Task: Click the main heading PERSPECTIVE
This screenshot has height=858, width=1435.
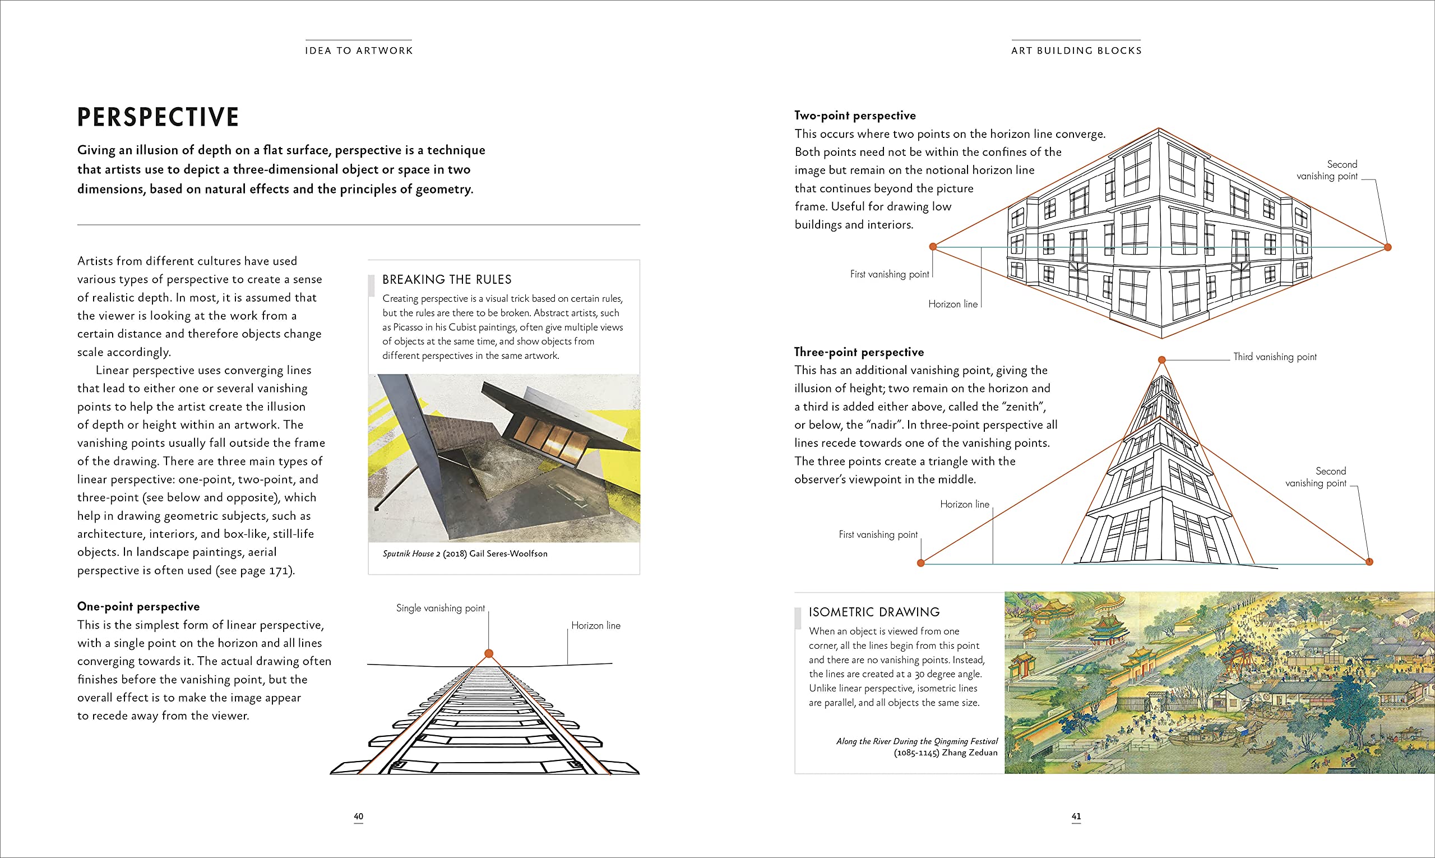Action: tap(158, 117)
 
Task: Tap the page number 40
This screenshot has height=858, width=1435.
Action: tap(358, 817)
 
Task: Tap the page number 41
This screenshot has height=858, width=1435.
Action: tap(1076, 817)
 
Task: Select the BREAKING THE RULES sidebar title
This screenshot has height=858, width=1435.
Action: tap(447, 280)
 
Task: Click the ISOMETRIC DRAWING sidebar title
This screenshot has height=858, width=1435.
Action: tap(874, 612)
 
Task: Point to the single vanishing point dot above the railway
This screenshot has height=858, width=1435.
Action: tap(489, 653)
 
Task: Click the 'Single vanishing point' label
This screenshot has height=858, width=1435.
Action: tap(441, 608)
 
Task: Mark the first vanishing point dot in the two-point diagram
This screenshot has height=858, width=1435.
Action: tap(933, 247)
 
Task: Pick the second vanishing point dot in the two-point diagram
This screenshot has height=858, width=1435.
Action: tap(1387, 247)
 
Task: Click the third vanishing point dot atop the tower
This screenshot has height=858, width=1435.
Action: tap(1161, 359)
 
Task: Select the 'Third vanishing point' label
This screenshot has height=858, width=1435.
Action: tap(1275, 357)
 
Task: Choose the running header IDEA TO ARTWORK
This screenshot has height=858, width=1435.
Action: tap(359, 51)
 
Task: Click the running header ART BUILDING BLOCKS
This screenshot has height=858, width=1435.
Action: tap(1076, 51)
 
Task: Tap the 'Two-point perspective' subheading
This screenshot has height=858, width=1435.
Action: tap(855, 116)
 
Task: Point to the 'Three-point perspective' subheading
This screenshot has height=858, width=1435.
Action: tap(859, 352)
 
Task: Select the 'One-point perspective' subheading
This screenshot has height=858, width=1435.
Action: tap(138, 607)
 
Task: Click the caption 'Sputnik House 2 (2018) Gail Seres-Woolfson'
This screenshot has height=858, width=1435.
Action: tap(465, 554)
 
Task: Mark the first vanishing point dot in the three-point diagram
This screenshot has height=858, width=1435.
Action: tap(921, 563)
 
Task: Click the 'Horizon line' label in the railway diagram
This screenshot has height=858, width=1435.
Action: tap(595, 626)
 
